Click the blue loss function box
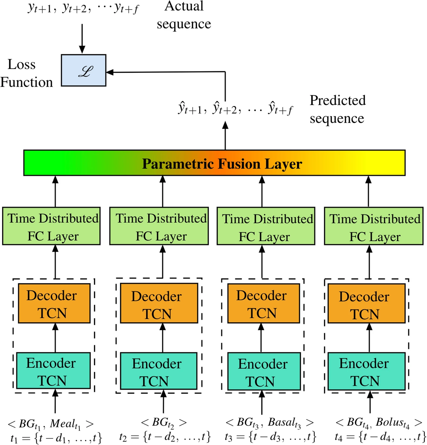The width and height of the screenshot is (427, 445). tap(84, 70)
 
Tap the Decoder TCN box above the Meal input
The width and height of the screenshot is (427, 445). tap(54, 304)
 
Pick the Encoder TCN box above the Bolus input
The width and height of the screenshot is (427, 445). tap(366, 371)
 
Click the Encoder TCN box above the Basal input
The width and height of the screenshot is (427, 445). tap(264, 371)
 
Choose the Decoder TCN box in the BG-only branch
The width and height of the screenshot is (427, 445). tap(159, 304)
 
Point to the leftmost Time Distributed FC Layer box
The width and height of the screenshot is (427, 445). tap(51, 226)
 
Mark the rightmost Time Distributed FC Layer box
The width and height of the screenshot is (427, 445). tap(373, 226)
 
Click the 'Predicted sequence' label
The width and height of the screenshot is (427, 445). tap(337, 109)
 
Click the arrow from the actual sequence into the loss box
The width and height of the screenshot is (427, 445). tap(82, 38)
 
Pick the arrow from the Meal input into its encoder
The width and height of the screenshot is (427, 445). tap(55, 401)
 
